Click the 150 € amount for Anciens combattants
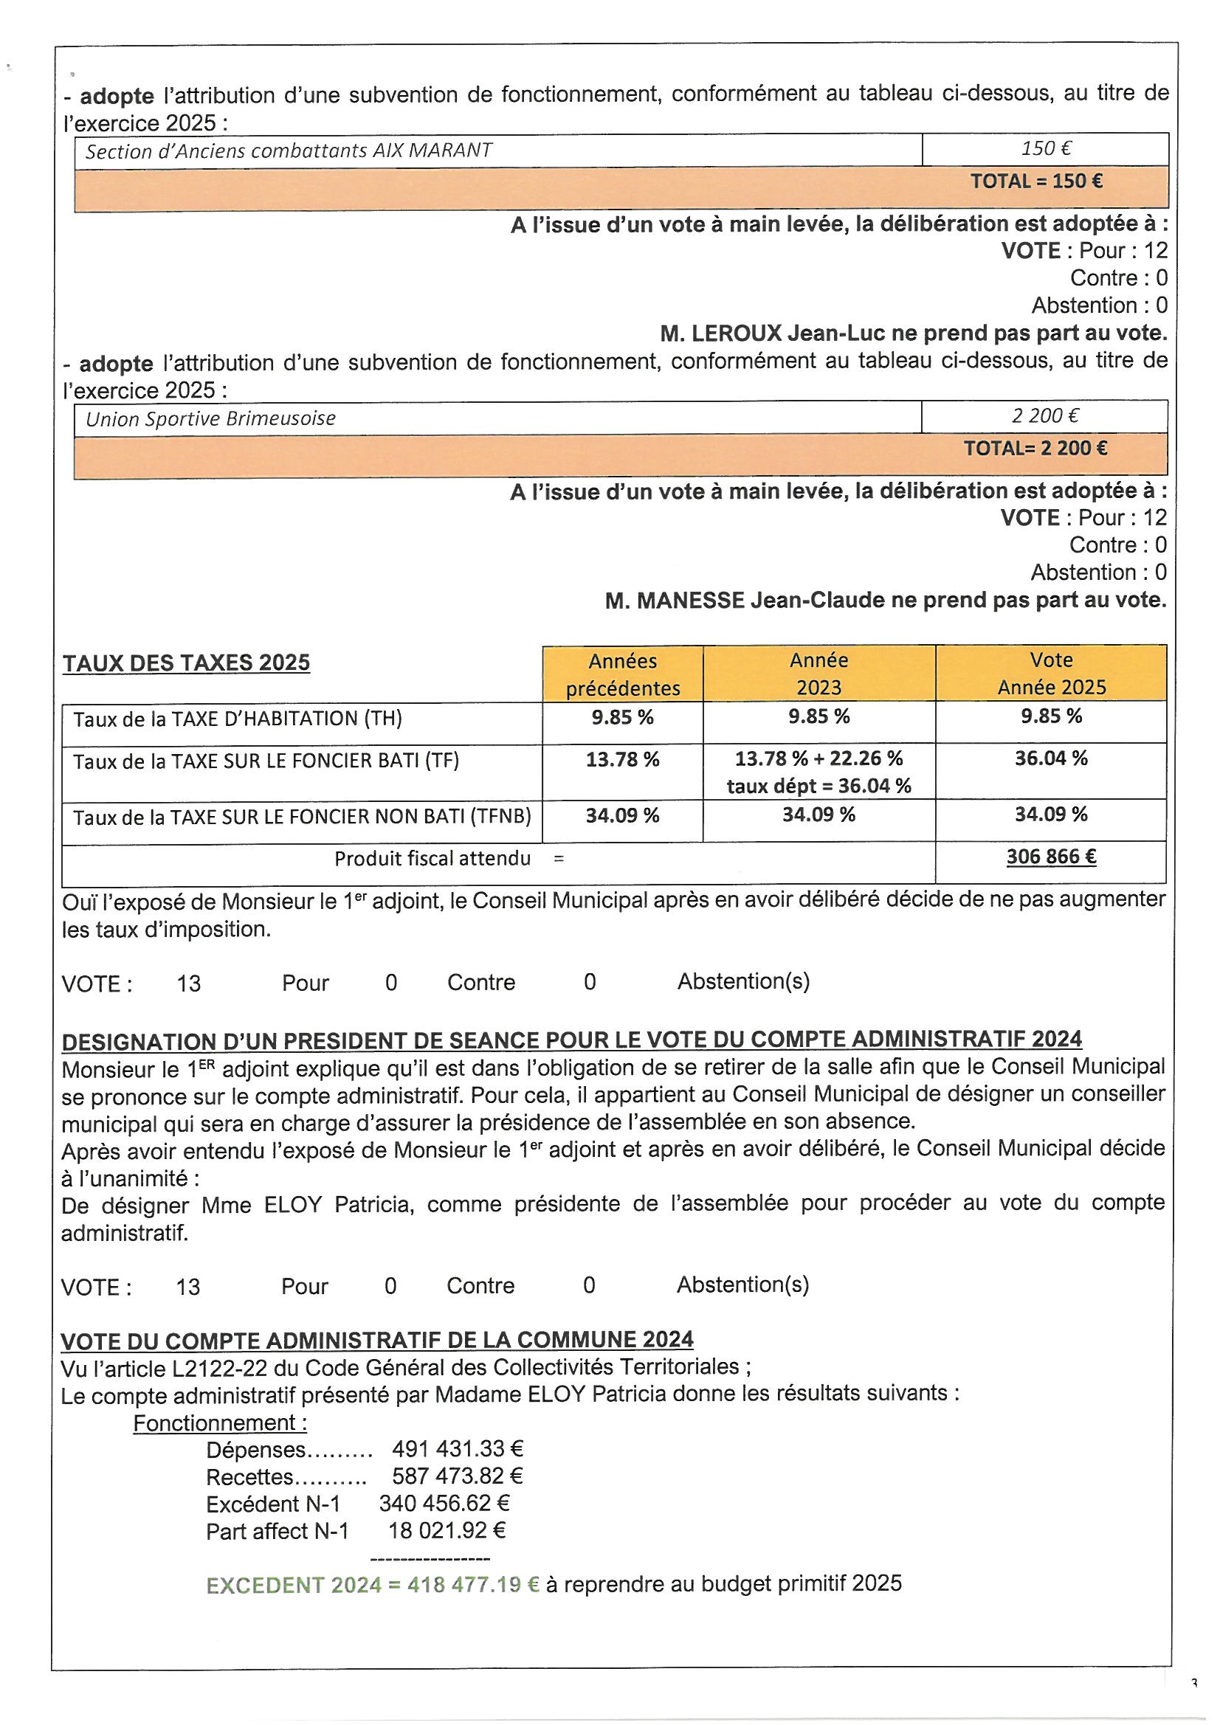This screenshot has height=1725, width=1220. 1045,149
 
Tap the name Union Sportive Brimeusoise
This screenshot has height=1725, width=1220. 210,418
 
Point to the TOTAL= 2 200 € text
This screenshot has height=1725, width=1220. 1035,449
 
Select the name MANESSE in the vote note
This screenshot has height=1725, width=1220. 691,601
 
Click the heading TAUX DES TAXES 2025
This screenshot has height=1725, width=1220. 187,663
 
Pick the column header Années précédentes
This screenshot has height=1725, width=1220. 622,674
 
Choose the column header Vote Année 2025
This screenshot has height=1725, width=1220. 1051,673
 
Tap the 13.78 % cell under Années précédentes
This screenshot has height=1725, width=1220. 622,759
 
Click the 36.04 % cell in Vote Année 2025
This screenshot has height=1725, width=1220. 1051,758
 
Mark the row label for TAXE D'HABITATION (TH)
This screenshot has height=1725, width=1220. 238,719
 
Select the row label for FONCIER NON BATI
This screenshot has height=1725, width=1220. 302,817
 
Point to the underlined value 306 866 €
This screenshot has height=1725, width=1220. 1051,857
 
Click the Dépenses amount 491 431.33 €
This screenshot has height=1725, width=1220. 457,1449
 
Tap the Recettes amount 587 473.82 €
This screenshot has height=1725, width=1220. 457,1476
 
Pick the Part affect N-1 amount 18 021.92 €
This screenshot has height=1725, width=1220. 447,1530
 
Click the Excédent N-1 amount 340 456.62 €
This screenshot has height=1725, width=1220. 444,1504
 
